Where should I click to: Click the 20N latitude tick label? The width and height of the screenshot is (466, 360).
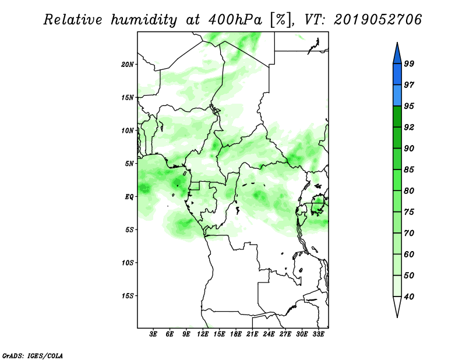128,65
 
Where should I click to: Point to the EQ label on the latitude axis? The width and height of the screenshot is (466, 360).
129,197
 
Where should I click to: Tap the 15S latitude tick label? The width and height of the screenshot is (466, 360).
128,296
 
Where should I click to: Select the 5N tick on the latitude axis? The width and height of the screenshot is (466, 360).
129,164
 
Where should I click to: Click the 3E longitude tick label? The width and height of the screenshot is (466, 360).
153,334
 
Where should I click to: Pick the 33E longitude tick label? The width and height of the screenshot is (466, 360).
318,334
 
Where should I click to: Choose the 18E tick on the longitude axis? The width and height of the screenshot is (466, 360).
236,334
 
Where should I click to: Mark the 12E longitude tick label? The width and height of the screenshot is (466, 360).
203,334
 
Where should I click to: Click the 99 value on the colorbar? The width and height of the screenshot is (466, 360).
409,63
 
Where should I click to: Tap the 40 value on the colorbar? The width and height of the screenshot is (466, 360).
409,297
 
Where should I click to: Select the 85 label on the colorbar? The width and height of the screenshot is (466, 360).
409,170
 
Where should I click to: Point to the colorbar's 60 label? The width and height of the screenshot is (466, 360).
409,254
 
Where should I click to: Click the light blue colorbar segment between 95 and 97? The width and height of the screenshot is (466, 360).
397,96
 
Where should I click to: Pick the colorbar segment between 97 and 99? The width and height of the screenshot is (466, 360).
397,75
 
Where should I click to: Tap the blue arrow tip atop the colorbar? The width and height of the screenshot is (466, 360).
397,43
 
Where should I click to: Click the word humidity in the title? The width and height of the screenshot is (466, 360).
144,20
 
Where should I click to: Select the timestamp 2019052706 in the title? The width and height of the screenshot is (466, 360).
377,20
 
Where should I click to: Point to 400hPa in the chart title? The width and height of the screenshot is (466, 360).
235,20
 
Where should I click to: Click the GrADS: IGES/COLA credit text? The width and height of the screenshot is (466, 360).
33,355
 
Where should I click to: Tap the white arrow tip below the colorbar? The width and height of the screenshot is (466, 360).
397,317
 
